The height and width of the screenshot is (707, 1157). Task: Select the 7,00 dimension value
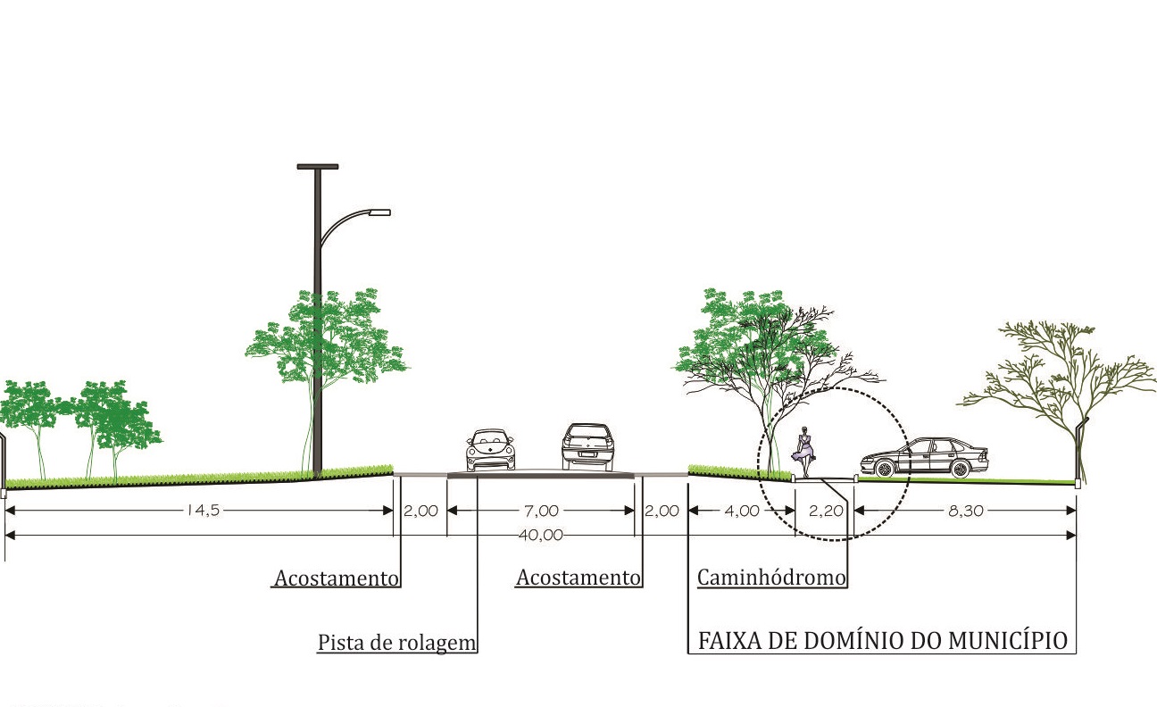tap(542, 511)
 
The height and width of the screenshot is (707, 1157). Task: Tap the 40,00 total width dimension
tap(539, 536)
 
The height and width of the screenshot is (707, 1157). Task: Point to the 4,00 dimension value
tap(742, 511)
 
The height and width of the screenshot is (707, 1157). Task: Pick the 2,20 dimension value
tap(826, 511)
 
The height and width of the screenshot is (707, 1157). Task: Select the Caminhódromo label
tap(771, 578)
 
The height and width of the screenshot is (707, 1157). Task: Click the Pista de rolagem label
tap(397, 643)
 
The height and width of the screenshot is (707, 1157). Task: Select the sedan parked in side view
tap(924, 458)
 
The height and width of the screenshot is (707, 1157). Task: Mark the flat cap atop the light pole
tap(318, 166)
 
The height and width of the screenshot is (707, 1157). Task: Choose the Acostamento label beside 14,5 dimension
tap(336, 578)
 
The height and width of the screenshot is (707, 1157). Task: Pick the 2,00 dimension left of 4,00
tap(662, 511)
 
